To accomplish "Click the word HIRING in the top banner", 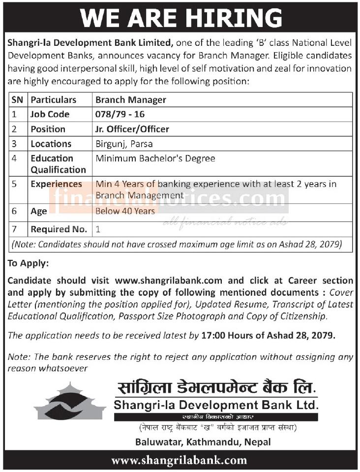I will [234, 18].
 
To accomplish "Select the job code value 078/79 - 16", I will [120, 114].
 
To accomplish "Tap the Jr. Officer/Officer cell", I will [132, 129].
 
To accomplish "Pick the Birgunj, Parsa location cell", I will [124, 144].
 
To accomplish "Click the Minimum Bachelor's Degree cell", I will [155, 158].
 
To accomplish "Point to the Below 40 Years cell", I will [125, 211].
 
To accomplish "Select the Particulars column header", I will [54, 99].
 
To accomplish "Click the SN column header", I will [17, 99].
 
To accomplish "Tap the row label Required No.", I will [59, 229].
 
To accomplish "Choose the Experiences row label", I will [57, 184].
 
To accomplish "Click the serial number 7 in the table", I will [15, 229].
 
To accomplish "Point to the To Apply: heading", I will [28, 263].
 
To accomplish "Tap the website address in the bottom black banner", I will [180, 460].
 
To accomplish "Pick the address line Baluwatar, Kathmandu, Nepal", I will [203, 442].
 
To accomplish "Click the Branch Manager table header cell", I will [131, 99].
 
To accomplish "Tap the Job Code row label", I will [50, 114].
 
